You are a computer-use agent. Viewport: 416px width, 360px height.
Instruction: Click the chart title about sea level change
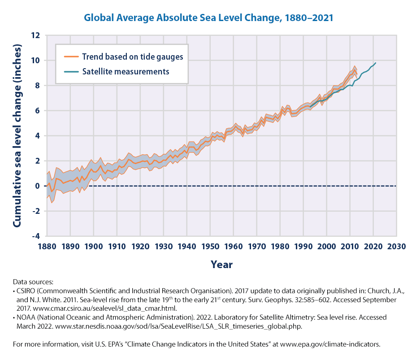[208, 18]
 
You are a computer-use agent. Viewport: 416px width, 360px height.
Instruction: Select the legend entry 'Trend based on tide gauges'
[132, 57]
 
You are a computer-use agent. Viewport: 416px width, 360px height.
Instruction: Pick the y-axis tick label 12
[36, 35]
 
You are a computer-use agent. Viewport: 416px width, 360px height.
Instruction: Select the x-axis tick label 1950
[210, 247]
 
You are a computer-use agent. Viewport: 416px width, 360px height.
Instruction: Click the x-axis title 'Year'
[221, 265]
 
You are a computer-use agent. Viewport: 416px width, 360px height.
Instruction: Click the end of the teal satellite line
[375, 63]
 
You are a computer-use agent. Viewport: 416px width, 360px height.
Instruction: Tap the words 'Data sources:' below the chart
[33, 282]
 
